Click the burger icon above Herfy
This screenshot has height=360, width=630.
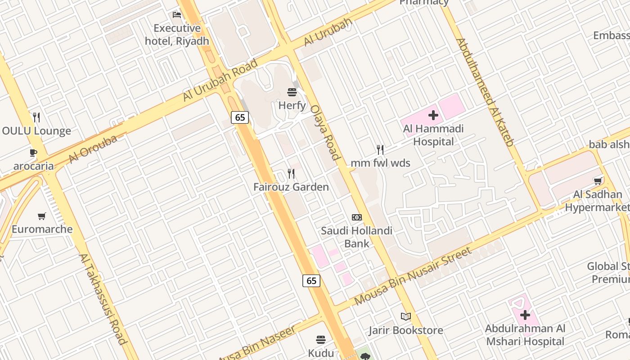pos(292,93)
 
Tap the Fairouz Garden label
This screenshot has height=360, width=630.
pos(291,187)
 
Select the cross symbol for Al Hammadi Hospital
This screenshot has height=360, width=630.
pos(433,115)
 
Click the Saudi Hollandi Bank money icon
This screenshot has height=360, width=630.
pos(357,217)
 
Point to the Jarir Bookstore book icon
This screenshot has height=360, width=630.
pos(406,317)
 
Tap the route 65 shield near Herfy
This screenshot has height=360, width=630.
pos(240,117)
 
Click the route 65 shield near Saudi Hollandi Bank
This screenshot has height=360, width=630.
pos(311,281)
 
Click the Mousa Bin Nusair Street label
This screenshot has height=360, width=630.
pos(413,276)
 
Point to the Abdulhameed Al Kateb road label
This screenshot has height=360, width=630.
pos(485,92)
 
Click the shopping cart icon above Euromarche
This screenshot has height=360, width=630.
pos(42,216)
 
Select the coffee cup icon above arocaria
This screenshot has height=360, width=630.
pos(33,153)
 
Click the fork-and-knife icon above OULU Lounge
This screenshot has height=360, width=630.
pos(37,117)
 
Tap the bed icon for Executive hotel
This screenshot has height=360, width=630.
pos(177,15)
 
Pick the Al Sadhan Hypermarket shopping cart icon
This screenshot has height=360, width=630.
pos(598,181)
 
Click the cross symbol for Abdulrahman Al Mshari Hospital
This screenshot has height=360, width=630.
pos(525,315)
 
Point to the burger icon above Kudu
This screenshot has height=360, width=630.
pos(321,339)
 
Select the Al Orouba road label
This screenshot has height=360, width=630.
pos(93,149)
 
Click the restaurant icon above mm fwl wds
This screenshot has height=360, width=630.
pos(380,149)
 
